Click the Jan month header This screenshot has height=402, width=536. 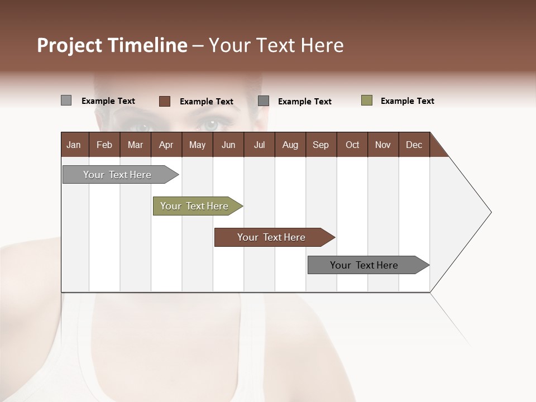tap(74, 145)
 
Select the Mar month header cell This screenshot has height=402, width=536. tap(135, 145)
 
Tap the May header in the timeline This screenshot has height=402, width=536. tap(197, 145)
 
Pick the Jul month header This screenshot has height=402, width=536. tap(259, 145)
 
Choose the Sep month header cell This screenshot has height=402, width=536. tap(320, 145)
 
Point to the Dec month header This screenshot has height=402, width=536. tap(414, 145)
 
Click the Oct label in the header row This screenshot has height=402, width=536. tap(352, 145)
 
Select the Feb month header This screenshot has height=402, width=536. tap(104, 145)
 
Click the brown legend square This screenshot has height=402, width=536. tap(165, 101)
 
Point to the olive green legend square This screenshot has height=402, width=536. tap(367, 100)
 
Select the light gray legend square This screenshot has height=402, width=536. tap(66, 100)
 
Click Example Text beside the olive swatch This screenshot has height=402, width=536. tap(407, 101)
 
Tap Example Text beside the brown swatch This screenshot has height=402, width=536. tap(206, 102)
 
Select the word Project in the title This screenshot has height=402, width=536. tap(70, 45)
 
